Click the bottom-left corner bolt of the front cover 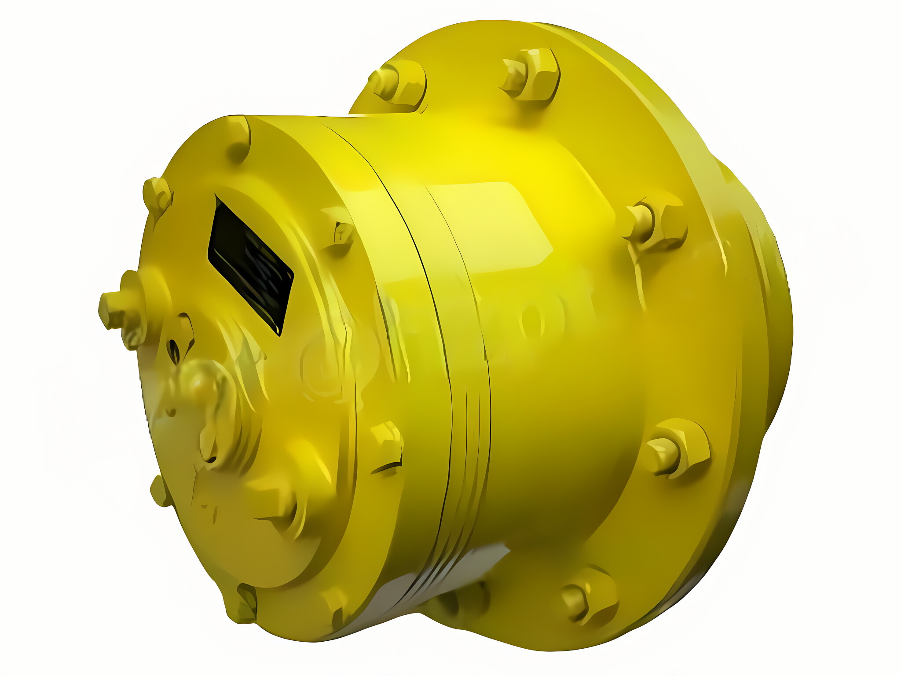coord(243,603)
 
